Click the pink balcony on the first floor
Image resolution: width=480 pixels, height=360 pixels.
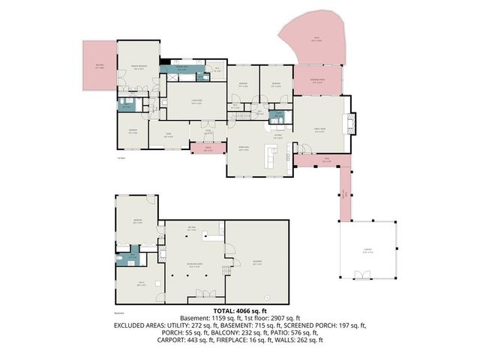point(98,67)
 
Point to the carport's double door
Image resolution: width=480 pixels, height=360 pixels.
point(365,277)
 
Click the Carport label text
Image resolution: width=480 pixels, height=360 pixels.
point(366,252)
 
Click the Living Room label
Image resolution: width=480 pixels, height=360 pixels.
point(196,104)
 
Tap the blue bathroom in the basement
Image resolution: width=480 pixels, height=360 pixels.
point(133,256)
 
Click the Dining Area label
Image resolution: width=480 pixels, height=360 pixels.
point(244,149)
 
